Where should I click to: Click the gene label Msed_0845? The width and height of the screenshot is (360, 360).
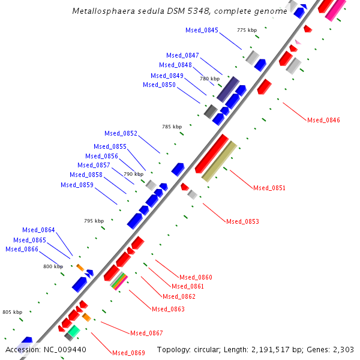click(x=202, y=30)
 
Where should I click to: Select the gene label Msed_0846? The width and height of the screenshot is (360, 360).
click(x=323, y=120)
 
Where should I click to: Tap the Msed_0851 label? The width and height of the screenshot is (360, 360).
click(x=269, y=188)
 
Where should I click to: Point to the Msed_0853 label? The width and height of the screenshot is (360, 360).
click(x=242, y=221)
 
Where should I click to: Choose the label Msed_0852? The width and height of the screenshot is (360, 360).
click(x=121, y=133)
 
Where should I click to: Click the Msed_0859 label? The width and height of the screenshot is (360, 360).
click(x=77, y=185)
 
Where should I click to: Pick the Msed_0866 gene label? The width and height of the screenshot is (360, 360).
click(x=22, y=249)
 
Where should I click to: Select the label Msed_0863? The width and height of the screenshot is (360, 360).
click(x=168, y=309)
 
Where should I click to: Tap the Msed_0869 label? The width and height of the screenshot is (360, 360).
click(x=128, y=352)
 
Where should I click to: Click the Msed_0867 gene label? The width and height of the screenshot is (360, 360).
click(x=146, y=333)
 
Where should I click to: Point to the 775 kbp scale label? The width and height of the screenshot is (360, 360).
click(x=247, y=30)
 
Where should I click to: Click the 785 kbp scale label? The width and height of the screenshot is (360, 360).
click(x=172, y=127)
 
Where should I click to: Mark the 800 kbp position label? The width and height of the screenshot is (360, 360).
click(x=53, y=266)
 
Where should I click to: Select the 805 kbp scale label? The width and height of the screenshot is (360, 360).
click(x=12, y=312)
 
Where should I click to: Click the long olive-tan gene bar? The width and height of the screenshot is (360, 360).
click(x=219, y=161)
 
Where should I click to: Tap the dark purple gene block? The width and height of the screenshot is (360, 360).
click(x=227, y=89)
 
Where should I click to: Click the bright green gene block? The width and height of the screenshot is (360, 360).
click(x=73, y=330)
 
